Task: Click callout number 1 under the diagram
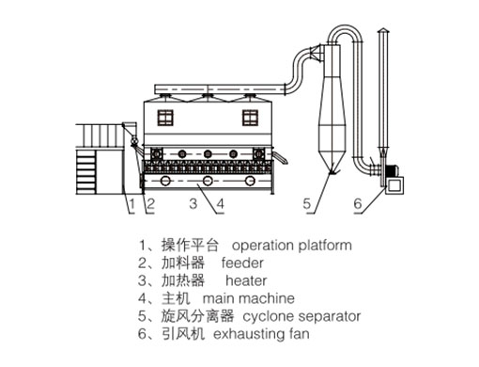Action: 131,204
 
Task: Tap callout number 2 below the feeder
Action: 150,204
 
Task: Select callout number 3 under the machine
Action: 193,203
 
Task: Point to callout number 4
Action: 221,204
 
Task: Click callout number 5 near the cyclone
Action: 307,204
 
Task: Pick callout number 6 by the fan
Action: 358,204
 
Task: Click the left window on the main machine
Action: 165,118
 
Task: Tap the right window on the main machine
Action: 250,118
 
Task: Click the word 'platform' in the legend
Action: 325,246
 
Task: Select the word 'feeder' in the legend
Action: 242,263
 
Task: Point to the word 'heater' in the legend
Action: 246,280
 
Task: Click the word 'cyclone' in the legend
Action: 263,317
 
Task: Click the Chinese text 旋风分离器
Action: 197,316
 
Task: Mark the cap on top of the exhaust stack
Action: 383,30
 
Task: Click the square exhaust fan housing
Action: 394,185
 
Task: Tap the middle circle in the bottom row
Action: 208,181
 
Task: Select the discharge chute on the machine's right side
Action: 280,157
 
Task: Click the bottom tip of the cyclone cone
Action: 332,173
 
